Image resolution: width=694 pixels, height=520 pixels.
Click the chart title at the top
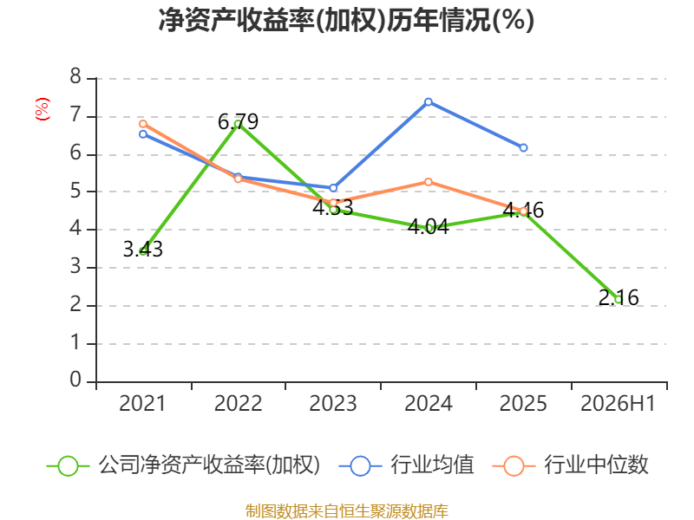(346, 20)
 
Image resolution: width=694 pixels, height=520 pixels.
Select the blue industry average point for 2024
(428, 102)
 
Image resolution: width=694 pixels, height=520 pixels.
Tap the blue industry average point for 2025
(523, 147)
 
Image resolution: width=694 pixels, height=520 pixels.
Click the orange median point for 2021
(143, 124)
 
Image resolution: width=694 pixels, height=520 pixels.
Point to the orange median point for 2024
(428, 182)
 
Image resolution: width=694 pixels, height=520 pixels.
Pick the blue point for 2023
(333, 188)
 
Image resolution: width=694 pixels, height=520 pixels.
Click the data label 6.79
(238, 121)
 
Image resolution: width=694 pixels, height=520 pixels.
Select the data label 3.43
(142, 250)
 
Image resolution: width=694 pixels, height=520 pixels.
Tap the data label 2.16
(619, 297)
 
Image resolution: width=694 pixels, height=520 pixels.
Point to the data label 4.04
(428, 227)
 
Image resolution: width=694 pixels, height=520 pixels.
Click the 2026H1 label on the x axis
(618, 403)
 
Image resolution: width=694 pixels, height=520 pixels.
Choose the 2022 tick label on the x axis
(238, 403)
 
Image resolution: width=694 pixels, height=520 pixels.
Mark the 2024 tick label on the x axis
(429, 403)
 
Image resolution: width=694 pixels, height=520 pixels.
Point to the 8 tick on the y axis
(75, 77)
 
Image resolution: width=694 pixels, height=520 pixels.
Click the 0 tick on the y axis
(75, 380)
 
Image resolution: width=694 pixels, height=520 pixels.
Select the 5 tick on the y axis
(75, 191)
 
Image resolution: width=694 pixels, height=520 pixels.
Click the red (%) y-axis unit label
(42, 109)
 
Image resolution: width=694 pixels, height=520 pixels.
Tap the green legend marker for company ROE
(69, 466)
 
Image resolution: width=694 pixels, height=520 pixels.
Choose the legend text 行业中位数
(596, 465)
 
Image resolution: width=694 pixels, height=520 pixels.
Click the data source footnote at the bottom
(347, 511)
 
